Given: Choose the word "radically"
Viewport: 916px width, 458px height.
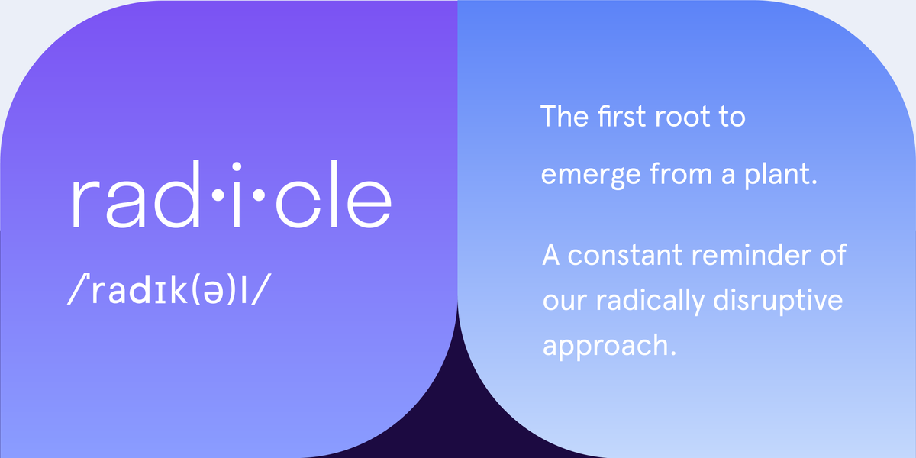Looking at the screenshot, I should coord(666,301).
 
